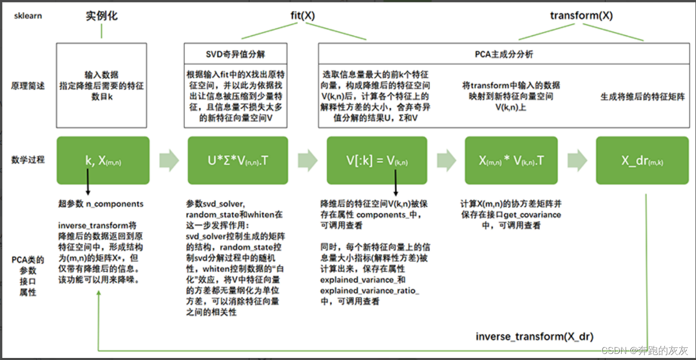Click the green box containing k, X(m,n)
point(103,160)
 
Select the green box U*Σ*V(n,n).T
point(238,160)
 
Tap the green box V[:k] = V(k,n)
point(377,160)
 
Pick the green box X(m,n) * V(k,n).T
point(511,160)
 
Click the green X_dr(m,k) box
point(642,160)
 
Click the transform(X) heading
point(581,16)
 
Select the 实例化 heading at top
point(101,16)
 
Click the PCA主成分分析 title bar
point(504,53)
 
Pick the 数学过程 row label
point(28,160)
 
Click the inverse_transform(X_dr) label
point(535,336)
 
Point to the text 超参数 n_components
point(101,204)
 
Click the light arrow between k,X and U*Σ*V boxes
point(169,160)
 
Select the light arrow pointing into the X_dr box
point(577,160)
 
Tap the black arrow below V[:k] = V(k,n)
point(395,183)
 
